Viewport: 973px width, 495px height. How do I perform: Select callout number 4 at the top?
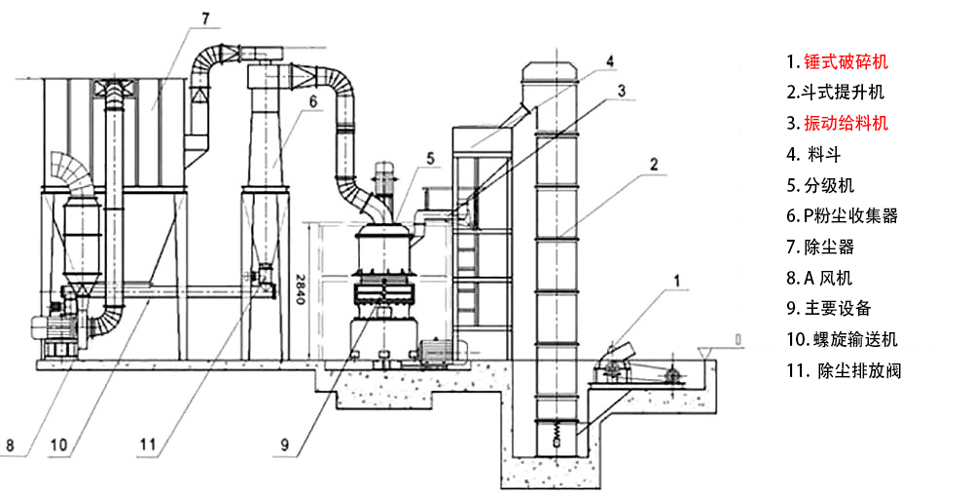pos(609,60)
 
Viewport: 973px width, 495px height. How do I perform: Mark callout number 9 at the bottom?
pos(284,444)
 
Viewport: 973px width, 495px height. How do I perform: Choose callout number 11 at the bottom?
pos(148,444)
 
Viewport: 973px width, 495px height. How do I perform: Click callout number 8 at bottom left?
pos(10,445)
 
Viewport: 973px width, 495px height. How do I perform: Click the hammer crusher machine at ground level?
pos(614,362)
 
